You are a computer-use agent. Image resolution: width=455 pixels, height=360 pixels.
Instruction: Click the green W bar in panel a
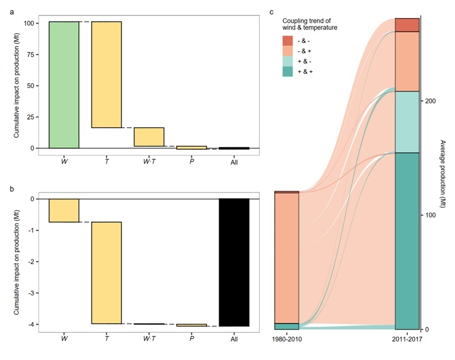pos(64,85)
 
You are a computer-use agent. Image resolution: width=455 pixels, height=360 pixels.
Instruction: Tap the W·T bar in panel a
pos(149,137)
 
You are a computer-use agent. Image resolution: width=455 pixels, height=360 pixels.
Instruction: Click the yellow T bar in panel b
pos(106,272)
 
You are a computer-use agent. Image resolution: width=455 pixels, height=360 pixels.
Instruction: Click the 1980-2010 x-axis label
pos(286,340)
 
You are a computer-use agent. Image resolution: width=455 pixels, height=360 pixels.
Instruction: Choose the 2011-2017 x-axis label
pos(407,340)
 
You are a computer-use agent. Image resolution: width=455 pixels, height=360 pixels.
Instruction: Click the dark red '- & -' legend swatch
pos(288,41)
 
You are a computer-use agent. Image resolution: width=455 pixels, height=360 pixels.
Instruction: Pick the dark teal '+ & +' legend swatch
pos(288,71)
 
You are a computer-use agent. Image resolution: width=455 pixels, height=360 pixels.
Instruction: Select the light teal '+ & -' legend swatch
pos(288,61)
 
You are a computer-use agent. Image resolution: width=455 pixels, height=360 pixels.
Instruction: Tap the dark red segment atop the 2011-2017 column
pos(407,25)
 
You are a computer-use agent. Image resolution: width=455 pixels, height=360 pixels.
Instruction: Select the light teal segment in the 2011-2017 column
pos(407,122)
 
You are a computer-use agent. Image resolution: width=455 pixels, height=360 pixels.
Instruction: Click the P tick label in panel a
pos(191,162)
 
